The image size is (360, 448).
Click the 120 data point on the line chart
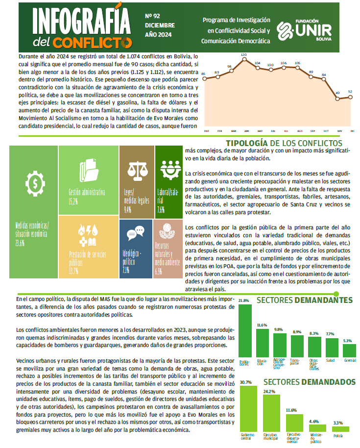pos(243,59)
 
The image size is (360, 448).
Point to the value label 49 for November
pos(337,93)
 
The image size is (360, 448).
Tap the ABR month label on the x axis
pos(246,131)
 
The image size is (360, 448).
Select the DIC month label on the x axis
pos(352,131)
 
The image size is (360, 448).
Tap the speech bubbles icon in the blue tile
pos(135,233)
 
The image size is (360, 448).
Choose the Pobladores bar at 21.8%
pos(245,332)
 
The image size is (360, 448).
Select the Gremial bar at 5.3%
pos(349,350)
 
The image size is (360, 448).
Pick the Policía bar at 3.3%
pos(338,428)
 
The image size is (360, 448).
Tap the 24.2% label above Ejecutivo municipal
pos(269,392)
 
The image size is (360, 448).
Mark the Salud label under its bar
pos(330,360)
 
